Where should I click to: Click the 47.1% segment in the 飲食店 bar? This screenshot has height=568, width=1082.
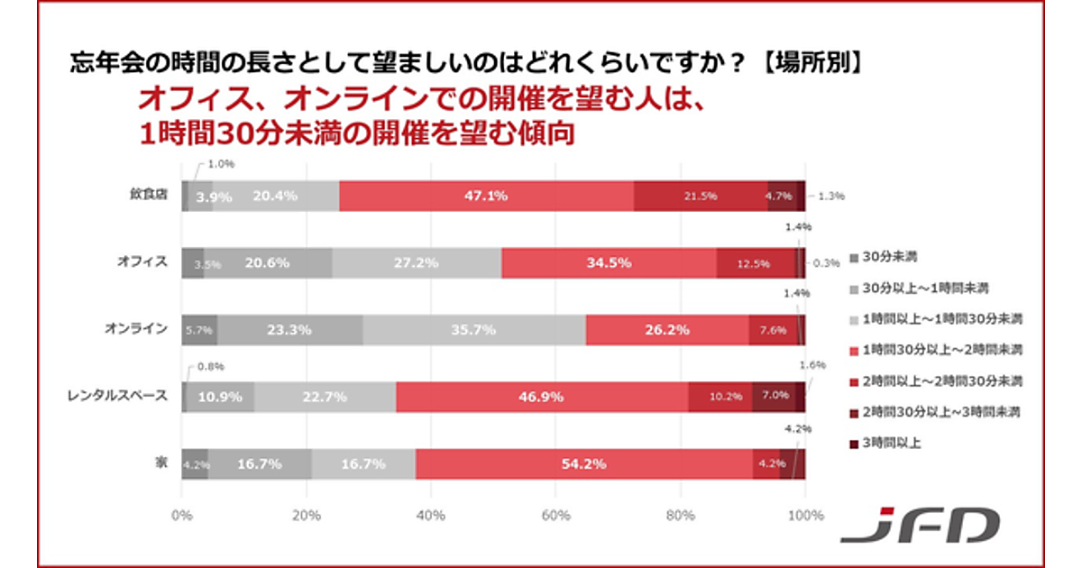click(x=486, y=196)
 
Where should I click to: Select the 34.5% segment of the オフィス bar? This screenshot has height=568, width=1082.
click(x=609, y=263)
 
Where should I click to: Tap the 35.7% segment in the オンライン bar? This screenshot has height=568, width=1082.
click(x=474, y=330)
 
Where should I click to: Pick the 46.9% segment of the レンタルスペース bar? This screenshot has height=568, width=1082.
click(x=542, y=397)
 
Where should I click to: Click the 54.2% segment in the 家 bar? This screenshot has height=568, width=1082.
click(x=584, y=464)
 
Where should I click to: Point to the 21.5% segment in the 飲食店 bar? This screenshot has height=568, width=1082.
click(x=701, y=196)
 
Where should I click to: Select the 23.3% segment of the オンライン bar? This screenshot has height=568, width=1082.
click(x=289, y=330)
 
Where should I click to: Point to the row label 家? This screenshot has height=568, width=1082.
click(x=160, y=463)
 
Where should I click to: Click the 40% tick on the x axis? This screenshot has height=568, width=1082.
click(x=431, y=516)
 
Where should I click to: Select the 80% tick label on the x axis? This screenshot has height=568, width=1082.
click(x=681, y=516)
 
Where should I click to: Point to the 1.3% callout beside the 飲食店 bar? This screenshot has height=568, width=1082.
click(x=830, y=196)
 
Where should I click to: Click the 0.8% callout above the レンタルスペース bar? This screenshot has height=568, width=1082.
click(x=210, y=367)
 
